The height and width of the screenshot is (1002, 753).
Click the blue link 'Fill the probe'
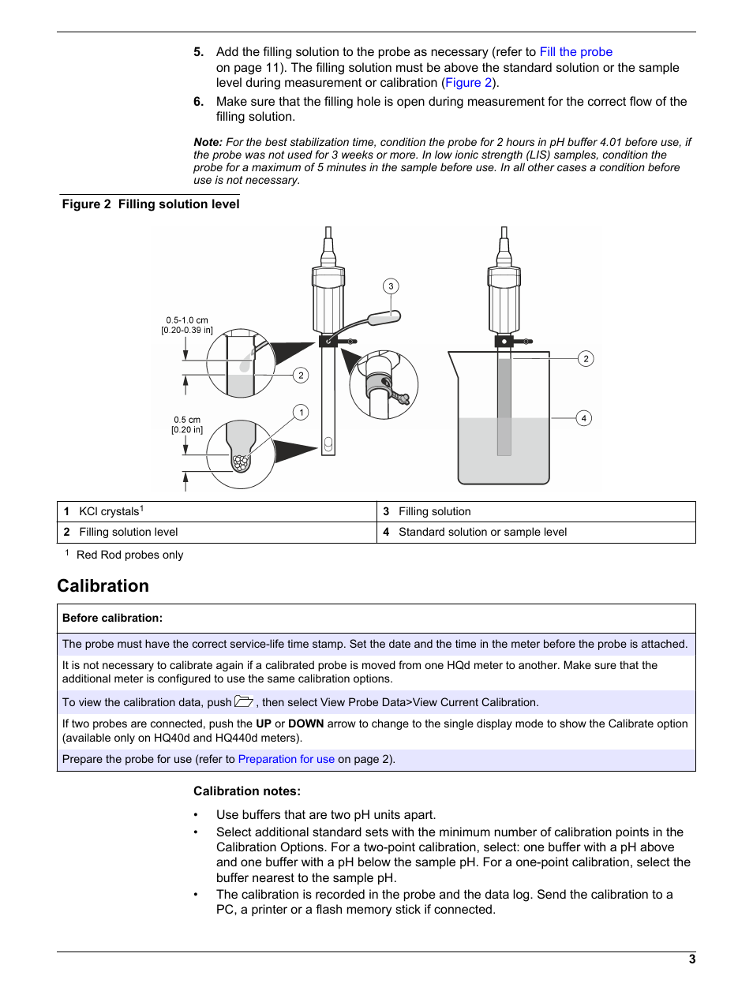click(x=575, y=52)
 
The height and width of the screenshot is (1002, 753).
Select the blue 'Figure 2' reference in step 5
click(x=468, y=83)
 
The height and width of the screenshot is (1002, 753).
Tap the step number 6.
click(x=199, y=102)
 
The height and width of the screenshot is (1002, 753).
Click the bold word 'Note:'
click(x=208, y=142)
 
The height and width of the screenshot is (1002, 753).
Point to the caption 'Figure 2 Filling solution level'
click(x=151, y=204)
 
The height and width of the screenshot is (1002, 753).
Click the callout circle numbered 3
click(x=391, y=286)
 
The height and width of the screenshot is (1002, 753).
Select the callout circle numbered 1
click(x=301, y=412)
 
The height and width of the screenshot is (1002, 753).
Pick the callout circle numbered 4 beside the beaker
click(x=583, y=418)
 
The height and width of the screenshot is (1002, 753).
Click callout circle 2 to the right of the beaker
click(x=586, y=359)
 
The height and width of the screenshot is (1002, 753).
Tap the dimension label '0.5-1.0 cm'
click(x=187, y=320)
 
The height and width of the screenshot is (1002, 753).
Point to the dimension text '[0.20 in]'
click(x=187, y=430)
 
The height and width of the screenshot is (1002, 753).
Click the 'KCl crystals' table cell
click(x=111, y=511)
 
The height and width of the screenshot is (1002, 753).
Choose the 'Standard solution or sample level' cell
click(x=482, y=533)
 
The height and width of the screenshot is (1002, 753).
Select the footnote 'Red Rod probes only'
click(x=129, y=555)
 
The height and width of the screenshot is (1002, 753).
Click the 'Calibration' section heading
click(x=103, y=586)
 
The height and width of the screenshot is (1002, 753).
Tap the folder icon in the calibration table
click(x=244, y=701)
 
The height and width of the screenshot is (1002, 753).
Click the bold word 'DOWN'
click(x=305, y=723)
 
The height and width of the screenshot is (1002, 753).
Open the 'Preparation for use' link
click(x=286, y=759)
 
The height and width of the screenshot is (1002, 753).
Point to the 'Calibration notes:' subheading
click(x=247, y=791)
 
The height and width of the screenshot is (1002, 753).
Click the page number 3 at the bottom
click(x=692, y=959)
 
